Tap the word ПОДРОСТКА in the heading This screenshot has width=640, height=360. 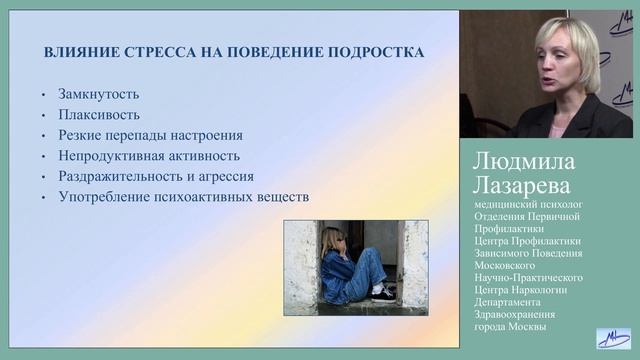pyautogui.click(x=374, y=52)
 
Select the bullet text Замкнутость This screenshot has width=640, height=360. pyautogui.click(x=98, y=95)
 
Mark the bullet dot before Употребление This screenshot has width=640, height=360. pyautogui.click(x=44, y=198)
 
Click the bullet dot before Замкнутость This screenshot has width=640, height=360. pyautogui.click(x=44, y=96)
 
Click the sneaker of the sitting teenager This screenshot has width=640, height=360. pyautogui.click(x=383, y=295)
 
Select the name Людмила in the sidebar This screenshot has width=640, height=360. pyautogui.click(x=524, y=164)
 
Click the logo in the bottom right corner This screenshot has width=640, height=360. pyautogui.click(x=611, y=338)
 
